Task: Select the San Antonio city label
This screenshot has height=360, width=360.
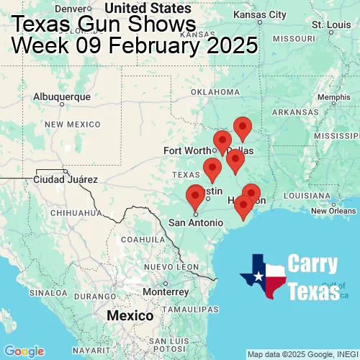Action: click(196, 222)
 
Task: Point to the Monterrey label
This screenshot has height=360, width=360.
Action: click(166, 292)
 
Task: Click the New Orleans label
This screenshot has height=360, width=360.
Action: click(333, 210)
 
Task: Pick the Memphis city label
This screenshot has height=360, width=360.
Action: click(334, 97)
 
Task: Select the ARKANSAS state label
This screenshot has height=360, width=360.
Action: click(295, 112)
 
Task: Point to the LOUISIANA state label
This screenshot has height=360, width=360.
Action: click(305, 195)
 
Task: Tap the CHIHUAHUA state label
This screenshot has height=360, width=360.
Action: click(71, 212)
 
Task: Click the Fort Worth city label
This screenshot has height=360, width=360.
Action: click(188, 150)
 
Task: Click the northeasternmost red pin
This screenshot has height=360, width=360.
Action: click(243, 127)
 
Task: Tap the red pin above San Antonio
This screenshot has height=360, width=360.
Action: click(195, 195)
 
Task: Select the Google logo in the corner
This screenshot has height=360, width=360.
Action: click(23, 351)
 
